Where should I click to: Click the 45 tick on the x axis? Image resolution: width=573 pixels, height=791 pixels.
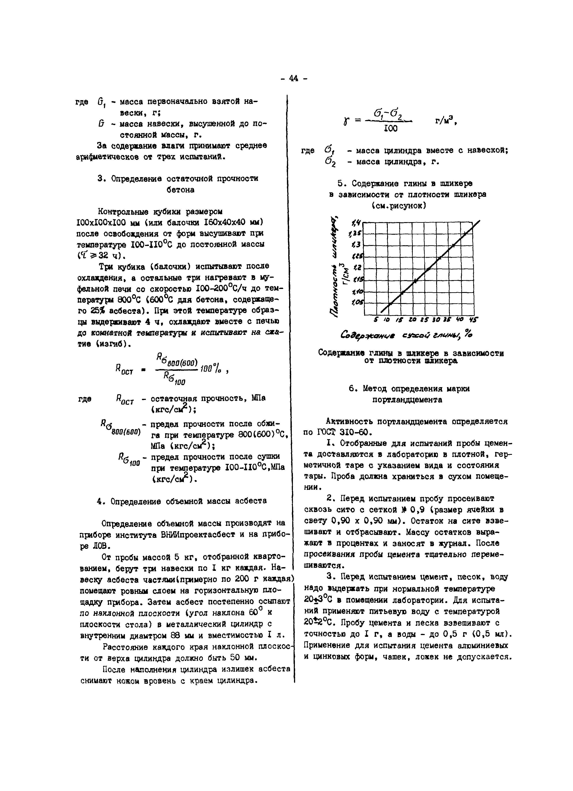[473, 319]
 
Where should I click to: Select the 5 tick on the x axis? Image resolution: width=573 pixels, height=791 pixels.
[376, 319]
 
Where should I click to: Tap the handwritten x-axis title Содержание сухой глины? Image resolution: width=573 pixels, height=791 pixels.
[401, 335]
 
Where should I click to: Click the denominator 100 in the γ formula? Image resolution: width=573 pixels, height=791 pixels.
[390, 129]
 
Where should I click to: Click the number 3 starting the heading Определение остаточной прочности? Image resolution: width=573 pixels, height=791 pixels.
[100, 179]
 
